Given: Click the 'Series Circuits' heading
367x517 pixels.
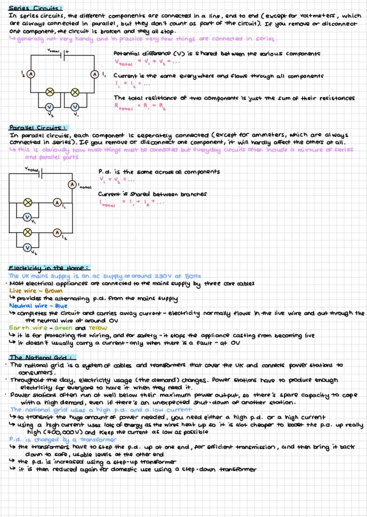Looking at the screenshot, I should (x=35, y=8).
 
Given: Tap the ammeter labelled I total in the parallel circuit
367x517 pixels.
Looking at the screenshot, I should (x=72, y=183).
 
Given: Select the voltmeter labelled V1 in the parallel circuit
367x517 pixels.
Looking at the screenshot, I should (x=27, y=217).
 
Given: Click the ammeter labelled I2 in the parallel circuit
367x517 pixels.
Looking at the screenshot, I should (x=57, y=232).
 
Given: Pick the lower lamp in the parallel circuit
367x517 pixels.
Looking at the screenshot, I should (x=28, y=232).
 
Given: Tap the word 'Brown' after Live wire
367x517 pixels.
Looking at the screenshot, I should (x=54, y=292).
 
